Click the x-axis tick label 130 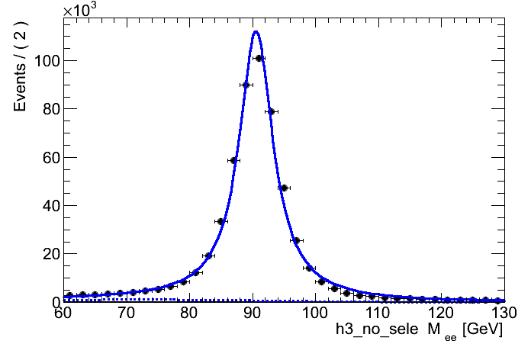click(x=500, y=313)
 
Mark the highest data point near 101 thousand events click(x=259, y=58)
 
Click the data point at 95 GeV click(x=284, y=188)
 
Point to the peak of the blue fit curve click(x=256, y=31)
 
